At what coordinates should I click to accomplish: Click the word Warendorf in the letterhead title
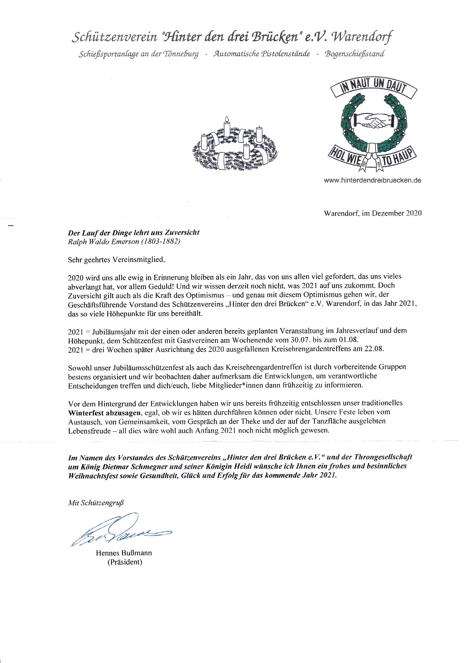tap(362, 37)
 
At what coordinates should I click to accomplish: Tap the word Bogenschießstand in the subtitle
tap(354, 54)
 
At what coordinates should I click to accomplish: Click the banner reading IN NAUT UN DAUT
tap(373, 86)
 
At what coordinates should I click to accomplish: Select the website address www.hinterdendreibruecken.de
tap(373, 180)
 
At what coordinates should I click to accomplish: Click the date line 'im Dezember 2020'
tap(391, 213)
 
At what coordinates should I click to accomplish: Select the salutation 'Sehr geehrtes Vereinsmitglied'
tap(116, 259)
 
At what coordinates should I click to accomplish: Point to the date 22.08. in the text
tap(374, 349)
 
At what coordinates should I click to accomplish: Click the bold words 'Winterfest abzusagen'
tap(104, 412)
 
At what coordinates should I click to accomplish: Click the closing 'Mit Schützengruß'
tap(96, 503)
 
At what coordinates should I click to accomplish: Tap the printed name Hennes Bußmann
tap(124, 553)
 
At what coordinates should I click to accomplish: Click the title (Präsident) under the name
tap(125, 562)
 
